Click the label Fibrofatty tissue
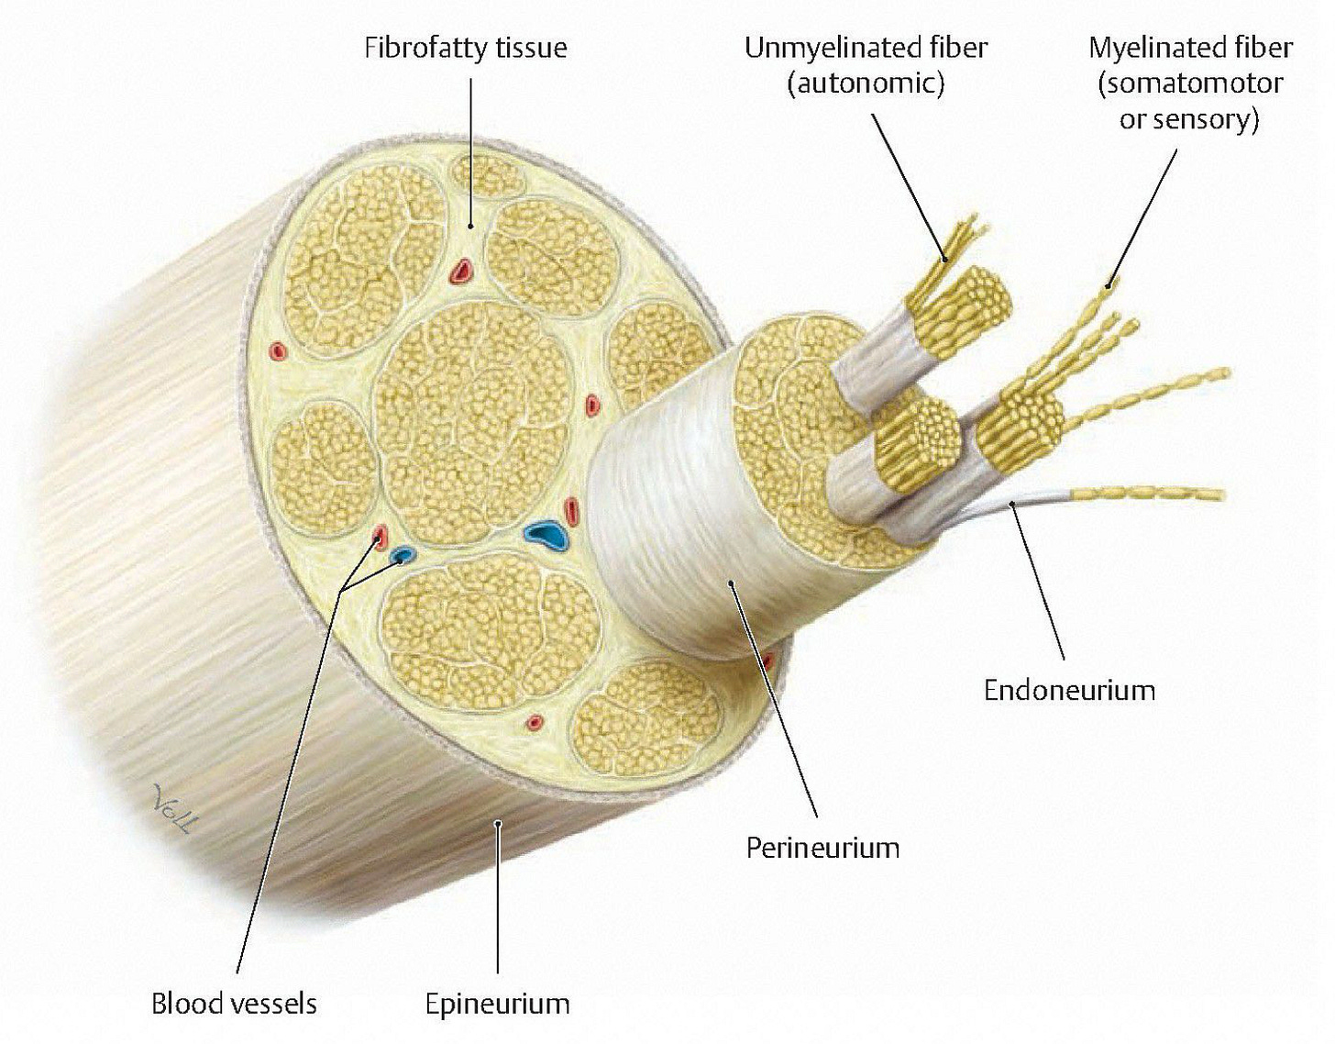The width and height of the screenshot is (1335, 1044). pos(466,48)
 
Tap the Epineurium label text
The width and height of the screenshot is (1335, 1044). pos(497,1004)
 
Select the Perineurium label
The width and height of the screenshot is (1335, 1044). pos(822,847)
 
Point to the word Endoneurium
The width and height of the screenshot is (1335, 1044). pos(1069,690)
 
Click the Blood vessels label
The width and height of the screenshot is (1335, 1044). pos(234,1004)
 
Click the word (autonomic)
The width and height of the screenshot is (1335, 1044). pos(866,83)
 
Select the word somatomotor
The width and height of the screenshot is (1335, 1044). pos(1191,83)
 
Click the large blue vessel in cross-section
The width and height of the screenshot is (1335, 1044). pos(546,534)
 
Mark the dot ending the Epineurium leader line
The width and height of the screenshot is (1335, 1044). pos(497,824)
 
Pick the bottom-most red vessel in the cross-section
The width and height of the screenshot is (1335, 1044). pos(534,723)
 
